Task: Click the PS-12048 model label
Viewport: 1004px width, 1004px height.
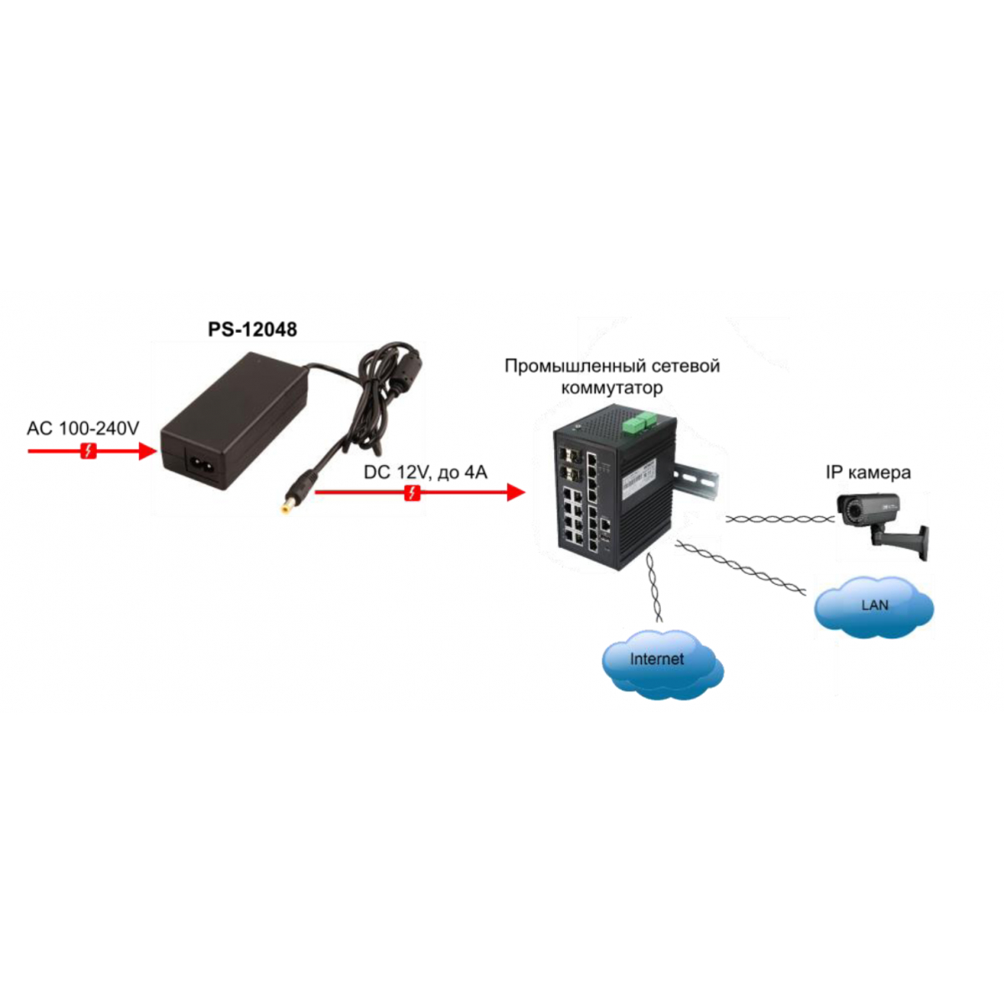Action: (252, 330)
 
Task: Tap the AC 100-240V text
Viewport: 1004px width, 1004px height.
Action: (83, 428)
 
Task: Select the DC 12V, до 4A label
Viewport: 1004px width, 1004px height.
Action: (425, 472)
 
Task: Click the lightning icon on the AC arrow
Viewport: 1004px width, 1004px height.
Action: (89, 451)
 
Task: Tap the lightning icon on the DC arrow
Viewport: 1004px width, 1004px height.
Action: (412, 492)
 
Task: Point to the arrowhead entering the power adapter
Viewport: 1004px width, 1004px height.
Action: (147, 451)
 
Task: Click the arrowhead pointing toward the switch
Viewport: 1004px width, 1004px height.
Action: (516, 492)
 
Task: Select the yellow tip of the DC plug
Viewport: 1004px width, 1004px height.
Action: (286, 506)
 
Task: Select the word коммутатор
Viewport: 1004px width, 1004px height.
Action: (612, 388)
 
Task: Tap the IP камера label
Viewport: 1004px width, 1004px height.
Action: (868, 473)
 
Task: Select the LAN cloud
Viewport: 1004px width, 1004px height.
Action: (873, 605)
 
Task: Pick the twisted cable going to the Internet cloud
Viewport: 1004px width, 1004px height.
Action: (654, 587)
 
